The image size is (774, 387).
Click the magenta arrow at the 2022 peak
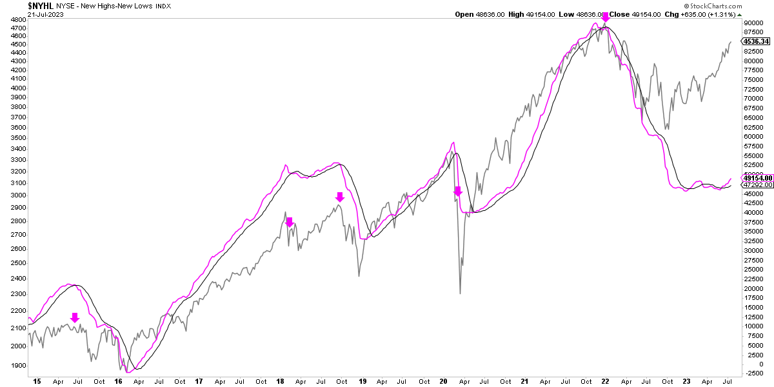pyautogui.click(x=605, y=17)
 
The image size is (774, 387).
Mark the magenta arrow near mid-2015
pyautogui.click(x=75, y=317)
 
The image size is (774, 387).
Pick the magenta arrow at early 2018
pyautogui.click(x=290, y=222)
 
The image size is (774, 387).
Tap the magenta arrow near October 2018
pyautogui.click(x=340, y=197)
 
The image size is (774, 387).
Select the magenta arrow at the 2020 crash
pyautogui.click(x=457, y=191)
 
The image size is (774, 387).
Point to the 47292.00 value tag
pyautogui.click(x=757, y=185)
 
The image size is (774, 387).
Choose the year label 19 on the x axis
pyautogui.click(x=362, y=381)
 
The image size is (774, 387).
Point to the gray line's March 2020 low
pyautogui.click(x=460, y=293)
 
